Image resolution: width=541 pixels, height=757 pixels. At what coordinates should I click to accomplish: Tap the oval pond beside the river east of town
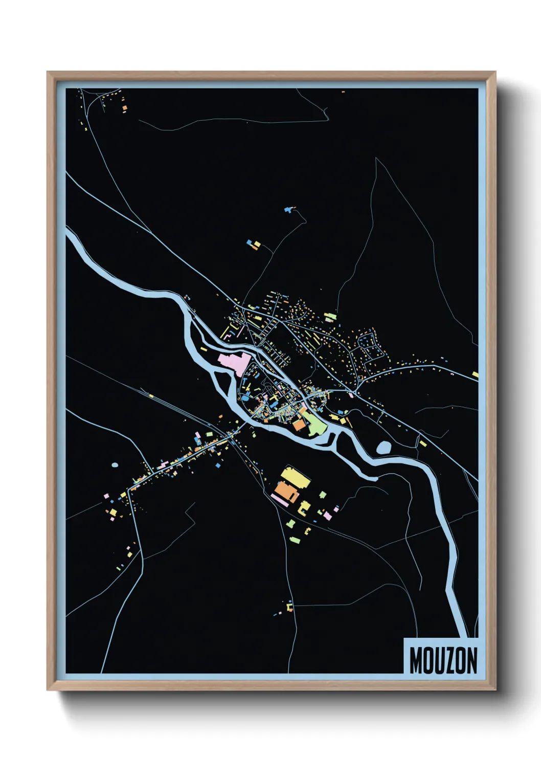click(384, 448)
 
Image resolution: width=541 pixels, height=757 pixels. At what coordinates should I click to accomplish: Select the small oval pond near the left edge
click(115, 465)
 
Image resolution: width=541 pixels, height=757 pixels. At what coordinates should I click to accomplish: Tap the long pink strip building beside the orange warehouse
click(279, 500)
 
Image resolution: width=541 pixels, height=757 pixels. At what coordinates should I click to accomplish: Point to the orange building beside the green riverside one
click(298, 425)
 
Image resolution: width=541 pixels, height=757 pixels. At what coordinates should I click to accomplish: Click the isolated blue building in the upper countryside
click(288, 210)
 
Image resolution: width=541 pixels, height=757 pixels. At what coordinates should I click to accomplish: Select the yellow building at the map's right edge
click(475, 374)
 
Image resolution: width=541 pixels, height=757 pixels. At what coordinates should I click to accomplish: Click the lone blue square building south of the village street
click(217, 466)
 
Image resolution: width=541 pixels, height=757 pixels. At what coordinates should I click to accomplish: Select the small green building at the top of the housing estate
click(330, 317)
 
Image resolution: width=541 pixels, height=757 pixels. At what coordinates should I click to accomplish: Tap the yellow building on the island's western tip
click(204, 349)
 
